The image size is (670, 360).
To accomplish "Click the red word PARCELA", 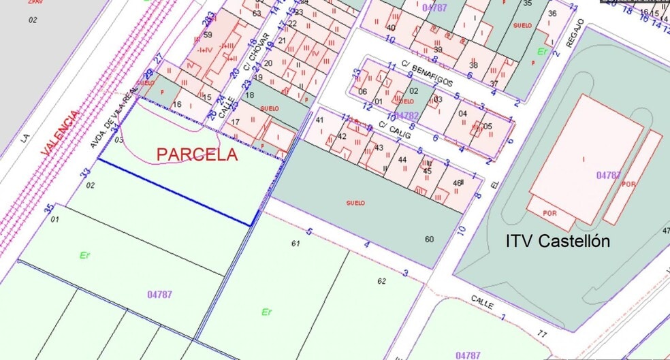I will [x=197, y=155].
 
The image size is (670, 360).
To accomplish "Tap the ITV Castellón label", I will [x=557, y=241].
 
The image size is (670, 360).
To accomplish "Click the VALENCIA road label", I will [x=60, y=136].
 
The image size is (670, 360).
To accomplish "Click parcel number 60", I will [x=428, y=239].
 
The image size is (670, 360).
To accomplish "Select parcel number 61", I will [x=296, y=243].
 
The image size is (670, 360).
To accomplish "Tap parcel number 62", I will [x=381, y=280].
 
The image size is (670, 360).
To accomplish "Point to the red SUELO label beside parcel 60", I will [x=355, y=203].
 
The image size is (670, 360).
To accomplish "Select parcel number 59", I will [x=208, y=35].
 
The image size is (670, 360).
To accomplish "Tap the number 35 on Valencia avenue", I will [x=48, y=208].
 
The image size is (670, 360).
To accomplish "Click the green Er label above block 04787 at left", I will [x=84, y=255].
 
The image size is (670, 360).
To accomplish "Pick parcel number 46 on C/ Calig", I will [x=457, y=183].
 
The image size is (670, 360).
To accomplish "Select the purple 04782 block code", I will [x=406, y=116].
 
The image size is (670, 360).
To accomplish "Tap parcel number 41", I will [x=319, y=120].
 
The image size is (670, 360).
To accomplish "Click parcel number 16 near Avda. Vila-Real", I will [x=177, y=104].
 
